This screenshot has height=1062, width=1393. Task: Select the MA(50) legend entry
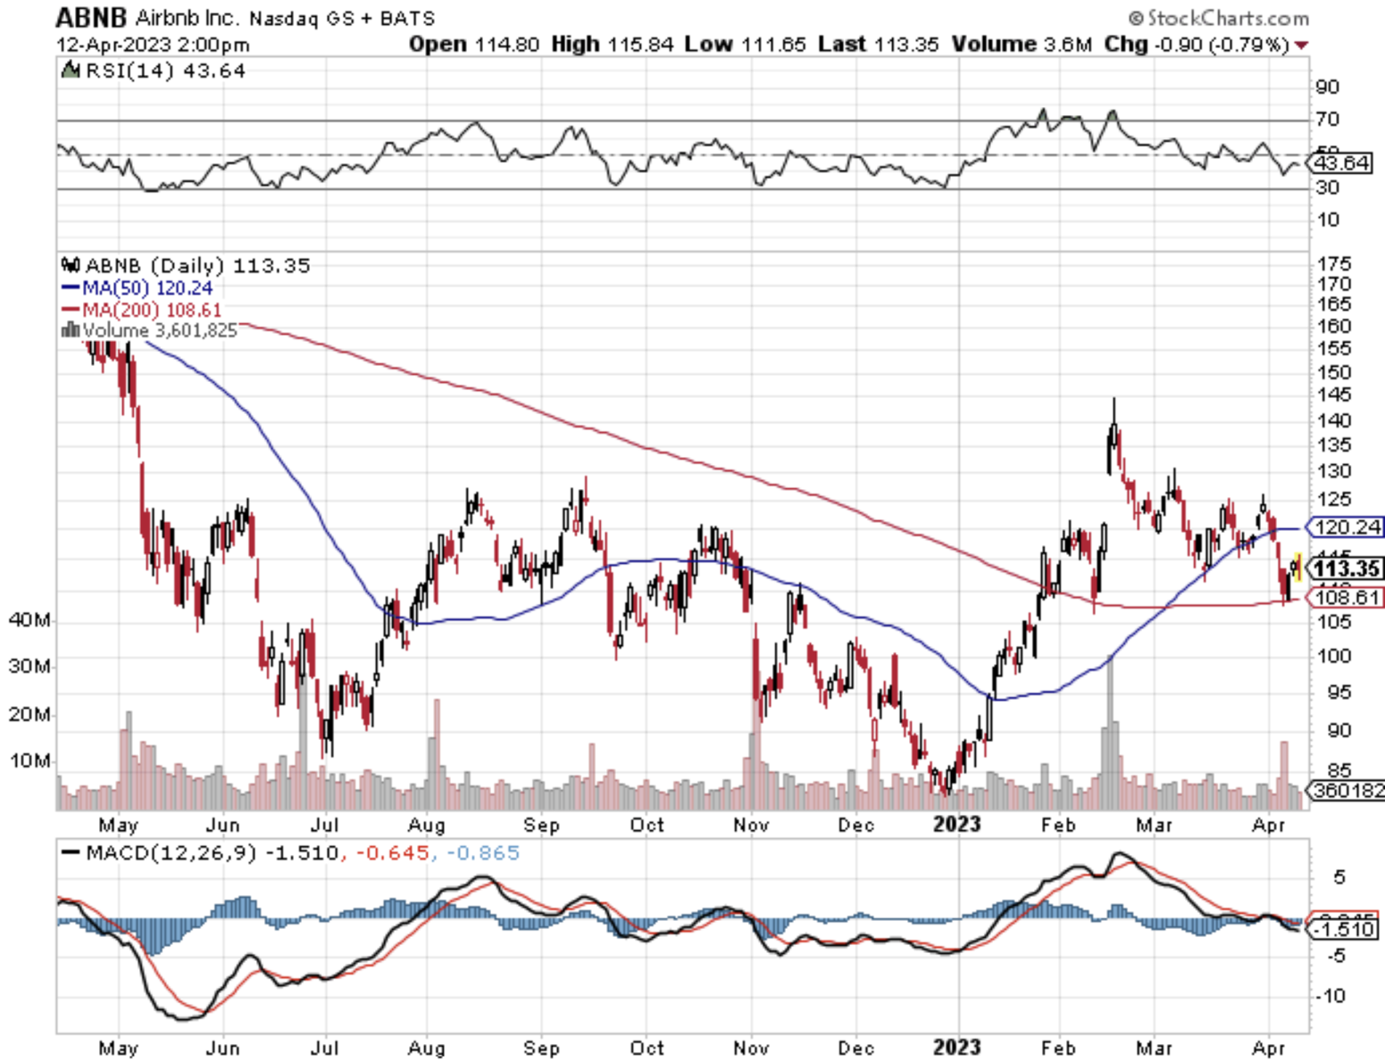tap(138, 288)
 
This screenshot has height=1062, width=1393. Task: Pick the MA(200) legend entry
tap(141, 311)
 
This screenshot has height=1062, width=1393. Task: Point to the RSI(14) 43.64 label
tap(153, 71)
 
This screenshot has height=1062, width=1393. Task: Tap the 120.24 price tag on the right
tap(1347, 527)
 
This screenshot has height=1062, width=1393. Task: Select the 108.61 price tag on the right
tap(1347, 597)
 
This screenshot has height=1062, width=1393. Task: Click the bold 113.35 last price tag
tap(1347, 568)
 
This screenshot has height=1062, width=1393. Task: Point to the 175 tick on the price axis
tap(1333, 264)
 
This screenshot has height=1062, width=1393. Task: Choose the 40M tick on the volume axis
tap(29, 619)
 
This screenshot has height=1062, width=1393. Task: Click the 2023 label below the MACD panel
tap(956, 1048)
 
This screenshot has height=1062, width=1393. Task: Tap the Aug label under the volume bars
tap(426, 826)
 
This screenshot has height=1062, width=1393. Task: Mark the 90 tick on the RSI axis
tap(1328, 87)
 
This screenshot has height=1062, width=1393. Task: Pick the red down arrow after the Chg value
tap(1301, 45)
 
